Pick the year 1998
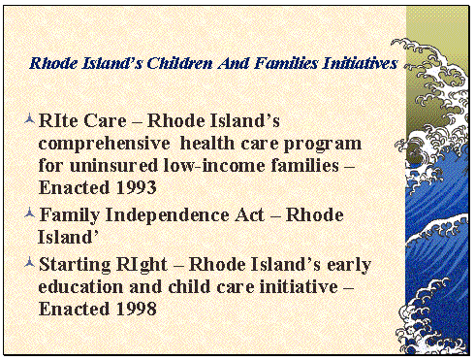[128, 309]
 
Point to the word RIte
[60, 120]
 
